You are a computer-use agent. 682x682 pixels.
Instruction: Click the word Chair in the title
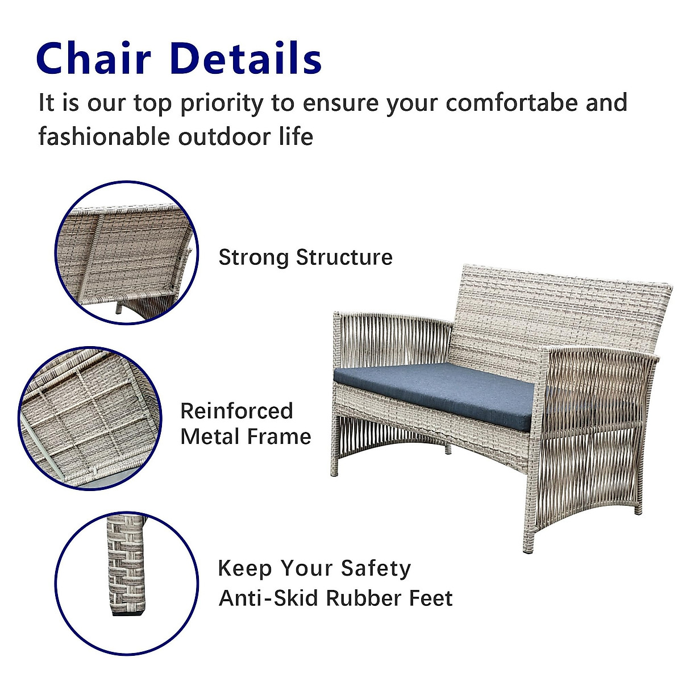[x=94, y=58]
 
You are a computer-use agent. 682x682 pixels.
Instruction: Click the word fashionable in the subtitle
[x=104, y=137]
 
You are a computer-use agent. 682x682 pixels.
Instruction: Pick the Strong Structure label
[x=305, y=257]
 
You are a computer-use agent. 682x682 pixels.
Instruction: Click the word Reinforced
[x=236, y=411]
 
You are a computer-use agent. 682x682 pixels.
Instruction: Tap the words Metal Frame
[x=246, y=436]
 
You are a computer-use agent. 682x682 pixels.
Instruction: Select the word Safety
[x=376, y=568]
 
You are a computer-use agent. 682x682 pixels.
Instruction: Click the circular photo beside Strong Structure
[x=126, y=252]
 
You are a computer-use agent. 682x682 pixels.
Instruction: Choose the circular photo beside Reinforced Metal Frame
[x=89, y=419]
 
